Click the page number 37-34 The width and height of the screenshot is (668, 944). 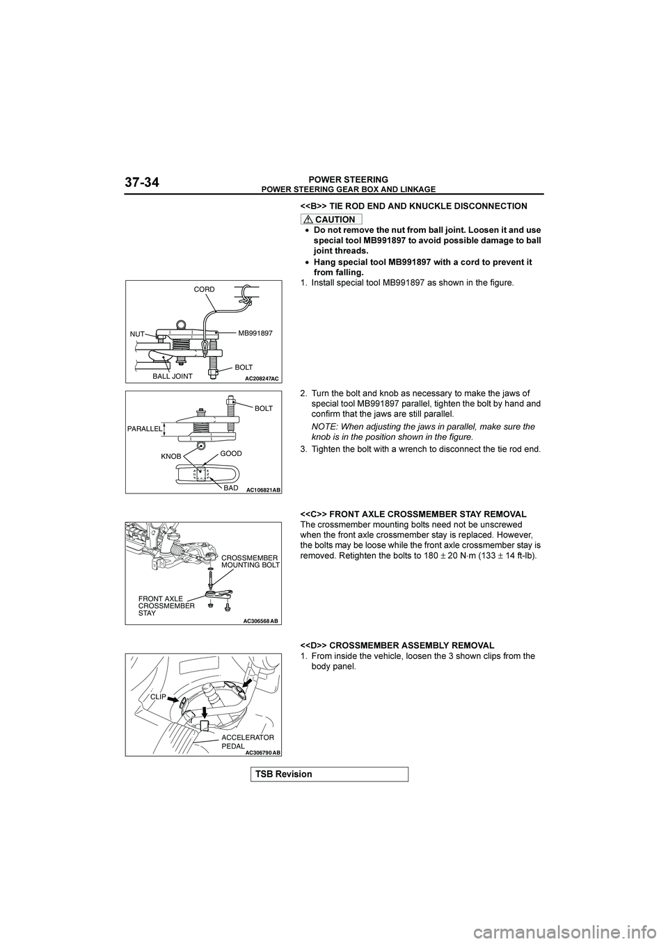[x=143, y=183]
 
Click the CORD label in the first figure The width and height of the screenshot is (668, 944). [x=205, y=288]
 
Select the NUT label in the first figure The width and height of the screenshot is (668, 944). [x=136, y=334]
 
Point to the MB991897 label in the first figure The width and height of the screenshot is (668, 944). [x=256, y=334]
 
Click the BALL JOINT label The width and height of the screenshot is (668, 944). [x=172, y=376]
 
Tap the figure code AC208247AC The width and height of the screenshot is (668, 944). [x=262, y=378]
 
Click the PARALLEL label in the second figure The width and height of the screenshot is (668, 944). [x=144, y=429]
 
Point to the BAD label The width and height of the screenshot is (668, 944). [x=231, y=489]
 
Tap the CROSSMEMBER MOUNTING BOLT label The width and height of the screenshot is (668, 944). [x=250, y=562]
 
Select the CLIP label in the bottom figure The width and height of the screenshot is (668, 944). [x=158, y=694]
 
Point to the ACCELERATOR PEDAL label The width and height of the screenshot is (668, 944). [x=248, y=740]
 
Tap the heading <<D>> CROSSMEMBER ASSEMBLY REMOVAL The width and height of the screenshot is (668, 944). [x=397, y=646]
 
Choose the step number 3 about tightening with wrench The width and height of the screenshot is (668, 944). [x=303, y=448]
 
